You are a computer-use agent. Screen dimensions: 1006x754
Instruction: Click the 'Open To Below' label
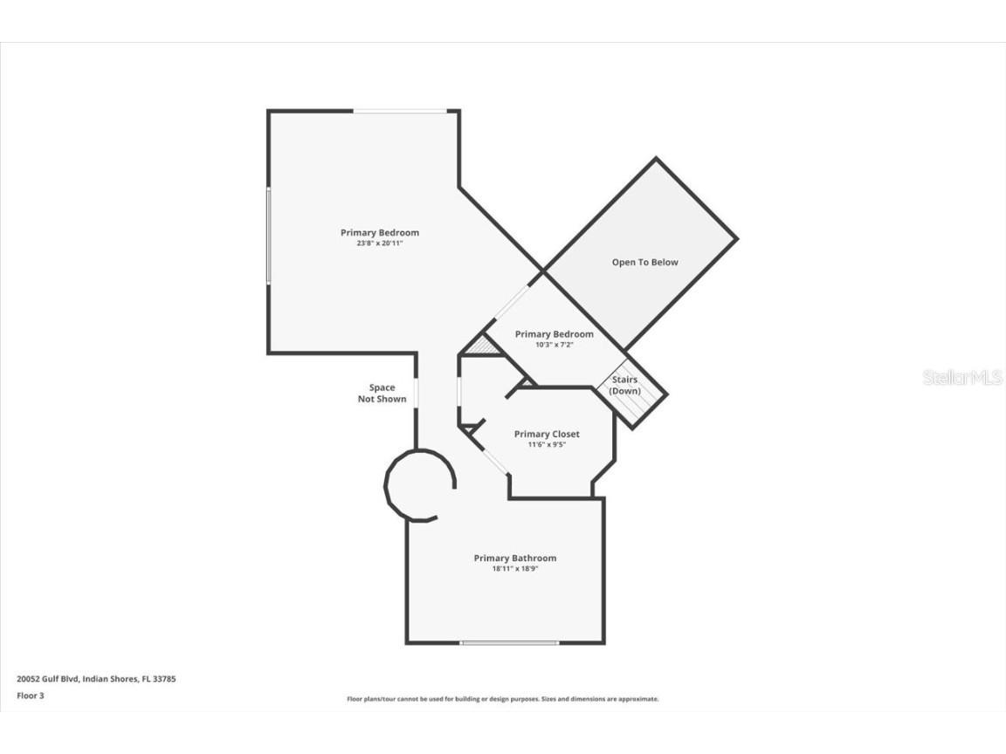tap(644, 262)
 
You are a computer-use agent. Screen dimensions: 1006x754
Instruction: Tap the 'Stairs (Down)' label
tap(624, 386)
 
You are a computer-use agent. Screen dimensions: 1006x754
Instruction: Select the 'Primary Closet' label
tap(547, 434)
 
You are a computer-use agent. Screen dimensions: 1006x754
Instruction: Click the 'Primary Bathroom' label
tap(515, 558)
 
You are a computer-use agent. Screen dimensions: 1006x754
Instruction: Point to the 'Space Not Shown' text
tap(382, 393)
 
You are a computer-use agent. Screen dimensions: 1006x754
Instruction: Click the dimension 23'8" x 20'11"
tap(380, 243)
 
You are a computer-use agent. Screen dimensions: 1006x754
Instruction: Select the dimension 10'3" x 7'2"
tap(555, 345)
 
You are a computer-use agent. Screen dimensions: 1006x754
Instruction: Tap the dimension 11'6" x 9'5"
tap(547, 444)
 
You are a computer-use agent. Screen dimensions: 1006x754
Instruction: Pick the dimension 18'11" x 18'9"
tap(515, 568)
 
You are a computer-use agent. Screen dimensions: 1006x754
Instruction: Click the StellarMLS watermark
tap(962, 378)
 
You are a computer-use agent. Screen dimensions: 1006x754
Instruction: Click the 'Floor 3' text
tap(31, 695)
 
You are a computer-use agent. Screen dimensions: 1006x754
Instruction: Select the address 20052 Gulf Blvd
tap(47, 678)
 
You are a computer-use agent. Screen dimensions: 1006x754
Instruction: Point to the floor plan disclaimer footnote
tap(502, 699)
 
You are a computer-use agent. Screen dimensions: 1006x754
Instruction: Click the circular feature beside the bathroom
tap(386, 485)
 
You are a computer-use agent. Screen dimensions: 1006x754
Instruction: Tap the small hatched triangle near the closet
tap(482, 346)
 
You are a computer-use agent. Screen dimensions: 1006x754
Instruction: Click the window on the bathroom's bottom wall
tap(509, 642)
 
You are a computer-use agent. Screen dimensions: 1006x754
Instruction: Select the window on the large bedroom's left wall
tap(269, 236)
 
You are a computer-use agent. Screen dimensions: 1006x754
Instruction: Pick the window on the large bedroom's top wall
tap(400, 112)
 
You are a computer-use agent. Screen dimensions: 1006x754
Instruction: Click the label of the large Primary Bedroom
tap(380, 233)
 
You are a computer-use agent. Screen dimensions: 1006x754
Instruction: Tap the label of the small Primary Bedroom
tap(555, 334)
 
